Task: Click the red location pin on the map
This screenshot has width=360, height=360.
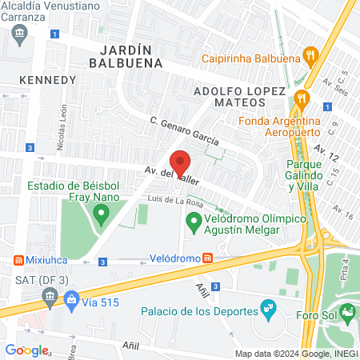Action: [180, 162]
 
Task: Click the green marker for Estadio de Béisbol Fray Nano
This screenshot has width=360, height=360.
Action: [101, 214]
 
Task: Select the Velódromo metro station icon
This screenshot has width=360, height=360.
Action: [207, 258]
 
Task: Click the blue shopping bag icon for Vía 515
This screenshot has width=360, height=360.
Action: [72, 300]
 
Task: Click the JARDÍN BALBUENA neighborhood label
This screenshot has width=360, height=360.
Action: [126, 54]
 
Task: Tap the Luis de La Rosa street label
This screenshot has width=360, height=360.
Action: [175, 198]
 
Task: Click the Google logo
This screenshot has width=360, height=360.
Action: [26, 350]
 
